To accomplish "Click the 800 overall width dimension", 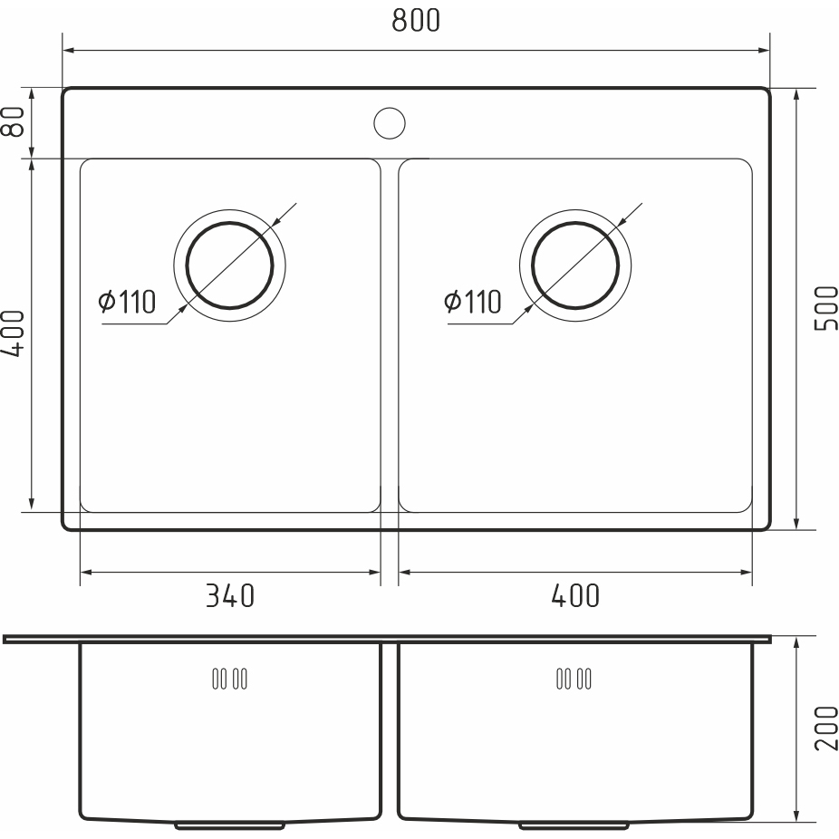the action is click(416, 20).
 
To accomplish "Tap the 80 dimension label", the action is click(14, 121).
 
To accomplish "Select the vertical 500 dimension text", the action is click(825, 308).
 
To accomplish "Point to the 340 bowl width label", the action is click(230, 595).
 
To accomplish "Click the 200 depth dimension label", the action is click(825, 728).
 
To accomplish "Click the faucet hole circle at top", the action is click(390, 123).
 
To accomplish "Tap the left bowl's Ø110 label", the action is click(128, 301).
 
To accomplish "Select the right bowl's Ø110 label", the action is click(473, 301).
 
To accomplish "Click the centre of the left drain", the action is click(229, 265).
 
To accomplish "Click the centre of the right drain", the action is click(575, 265).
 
